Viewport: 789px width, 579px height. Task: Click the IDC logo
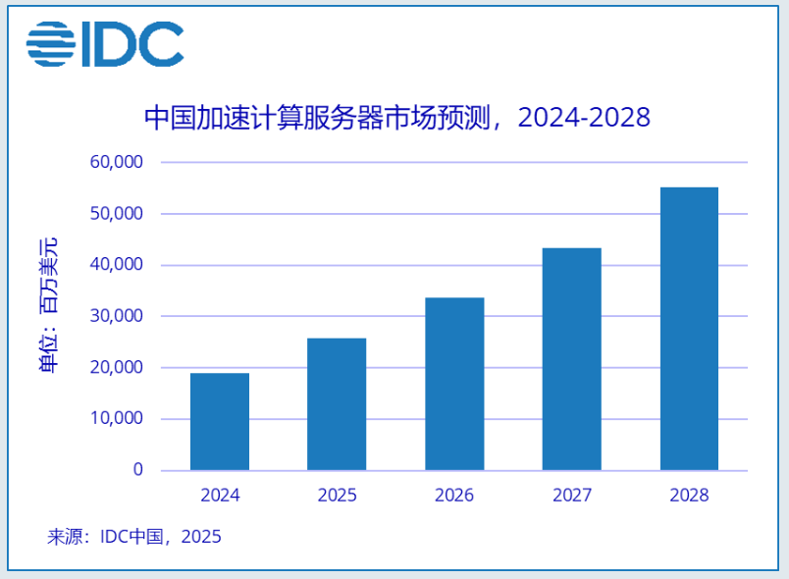[x=105, y=44]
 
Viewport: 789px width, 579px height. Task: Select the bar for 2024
[x=219, y=422]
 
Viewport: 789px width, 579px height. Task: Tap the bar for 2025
[x=337, y=404]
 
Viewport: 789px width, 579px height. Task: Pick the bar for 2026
[x=454, y=384]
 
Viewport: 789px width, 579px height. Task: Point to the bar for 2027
[x=572, y=359]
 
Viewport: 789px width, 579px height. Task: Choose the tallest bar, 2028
[x=689, y=329]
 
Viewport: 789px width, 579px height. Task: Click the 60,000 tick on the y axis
[x=117, y=162]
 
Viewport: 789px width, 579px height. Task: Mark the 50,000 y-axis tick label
[x=117, y=214]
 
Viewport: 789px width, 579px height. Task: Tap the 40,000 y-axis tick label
[x=117, y=265]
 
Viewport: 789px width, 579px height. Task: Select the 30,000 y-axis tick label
[x=117, y=316]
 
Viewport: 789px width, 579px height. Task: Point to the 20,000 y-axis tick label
[x=117, y=368]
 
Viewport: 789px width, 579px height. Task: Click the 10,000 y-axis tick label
[x=117, y=419]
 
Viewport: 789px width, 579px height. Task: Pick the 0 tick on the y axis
[x=137, y=470]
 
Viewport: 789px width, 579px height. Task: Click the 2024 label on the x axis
[x=219, y=496]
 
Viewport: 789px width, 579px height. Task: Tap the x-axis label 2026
[x=454, y=496]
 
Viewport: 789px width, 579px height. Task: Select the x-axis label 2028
[x=689, y=496]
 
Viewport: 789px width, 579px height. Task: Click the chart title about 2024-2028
[x=396, y=118]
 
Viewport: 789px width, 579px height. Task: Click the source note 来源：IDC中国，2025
[x=134, y=537]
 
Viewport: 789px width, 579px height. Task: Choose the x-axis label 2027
[x=572, y=496]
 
